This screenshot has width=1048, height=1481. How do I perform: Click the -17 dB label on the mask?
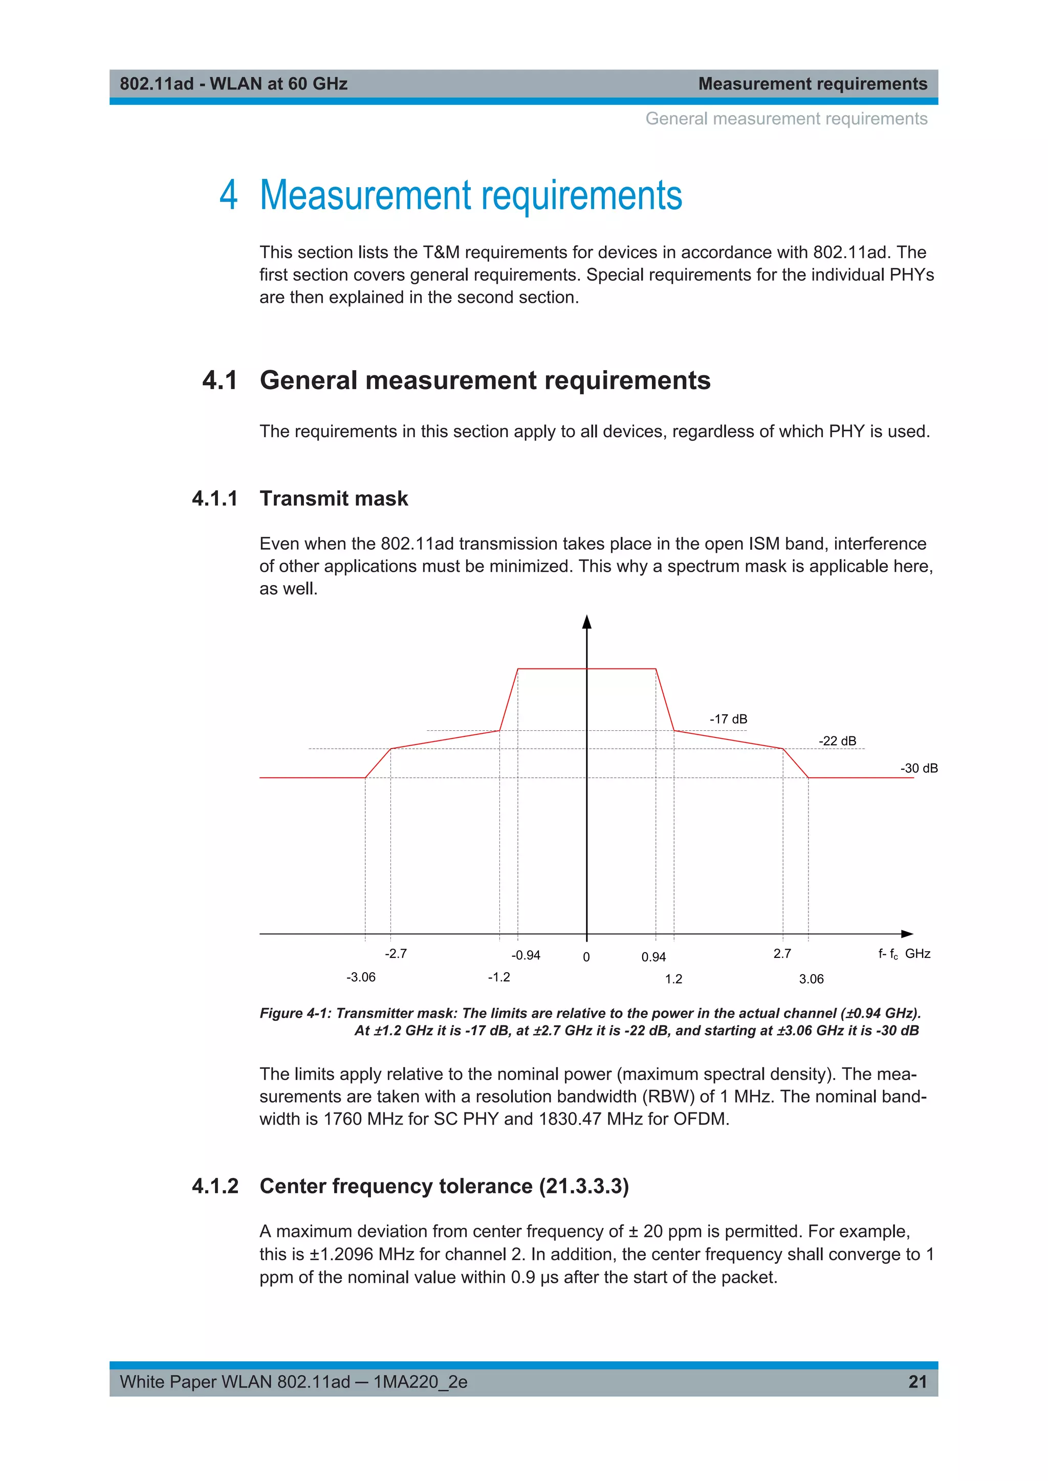[728, 719]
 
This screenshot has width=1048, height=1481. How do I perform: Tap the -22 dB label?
[837, 741]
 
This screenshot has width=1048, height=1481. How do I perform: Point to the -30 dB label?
[919, 768]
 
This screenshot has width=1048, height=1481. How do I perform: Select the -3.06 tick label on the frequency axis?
[360, 977]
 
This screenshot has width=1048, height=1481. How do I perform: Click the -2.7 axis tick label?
[396, 953]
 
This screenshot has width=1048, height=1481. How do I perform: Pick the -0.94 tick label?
[526, 955]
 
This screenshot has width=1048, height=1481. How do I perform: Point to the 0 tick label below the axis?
[586, 957]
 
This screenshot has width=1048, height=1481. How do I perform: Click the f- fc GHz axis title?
[904, 954]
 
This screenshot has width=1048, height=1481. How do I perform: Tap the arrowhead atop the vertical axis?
[586, 622]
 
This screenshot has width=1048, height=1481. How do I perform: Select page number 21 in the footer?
[917, 1382]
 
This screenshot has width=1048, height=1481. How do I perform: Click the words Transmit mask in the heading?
[334, 498]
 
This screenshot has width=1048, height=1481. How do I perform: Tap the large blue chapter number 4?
[228, 195]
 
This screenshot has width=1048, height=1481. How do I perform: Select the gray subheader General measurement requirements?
[786, 119]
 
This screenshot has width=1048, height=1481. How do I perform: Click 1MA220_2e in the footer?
[420, 1382]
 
